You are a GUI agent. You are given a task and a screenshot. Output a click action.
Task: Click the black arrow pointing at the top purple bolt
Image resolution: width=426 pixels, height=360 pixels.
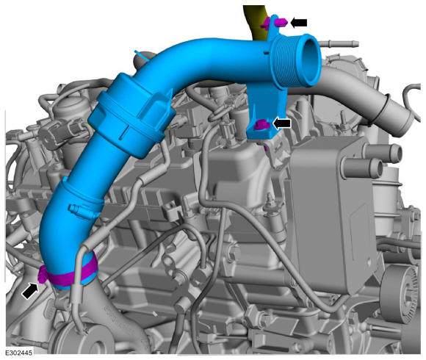(x=299, y=23)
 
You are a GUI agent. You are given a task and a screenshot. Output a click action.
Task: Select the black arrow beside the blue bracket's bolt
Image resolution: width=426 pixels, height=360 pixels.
(x=282, y=123)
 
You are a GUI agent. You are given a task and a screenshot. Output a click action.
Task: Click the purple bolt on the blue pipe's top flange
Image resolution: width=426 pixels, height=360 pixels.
(x=274, y=23)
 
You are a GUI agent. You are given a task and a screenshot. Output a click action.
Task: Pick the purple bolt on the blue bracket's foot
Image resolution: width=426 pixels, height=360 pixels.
(x=261, y=125)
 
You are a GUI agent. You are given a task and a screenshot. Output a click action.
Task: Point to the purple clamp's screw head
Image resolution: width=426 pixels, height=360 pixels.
(x=42, y=275)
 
